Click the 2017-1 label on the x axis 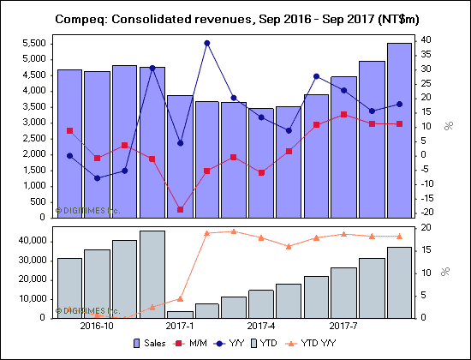tap(179, 327)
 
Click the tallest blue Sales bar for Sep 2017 tap(399, 129)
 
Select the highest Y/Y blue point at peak tap(207, 43)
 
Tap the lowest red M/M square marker tap(180, 209)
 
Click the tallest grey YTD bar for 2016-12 tap(152, 274)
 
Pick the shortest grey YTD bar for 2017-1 tap(180, 314)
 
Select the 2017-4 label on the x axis tap(260, 327)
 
